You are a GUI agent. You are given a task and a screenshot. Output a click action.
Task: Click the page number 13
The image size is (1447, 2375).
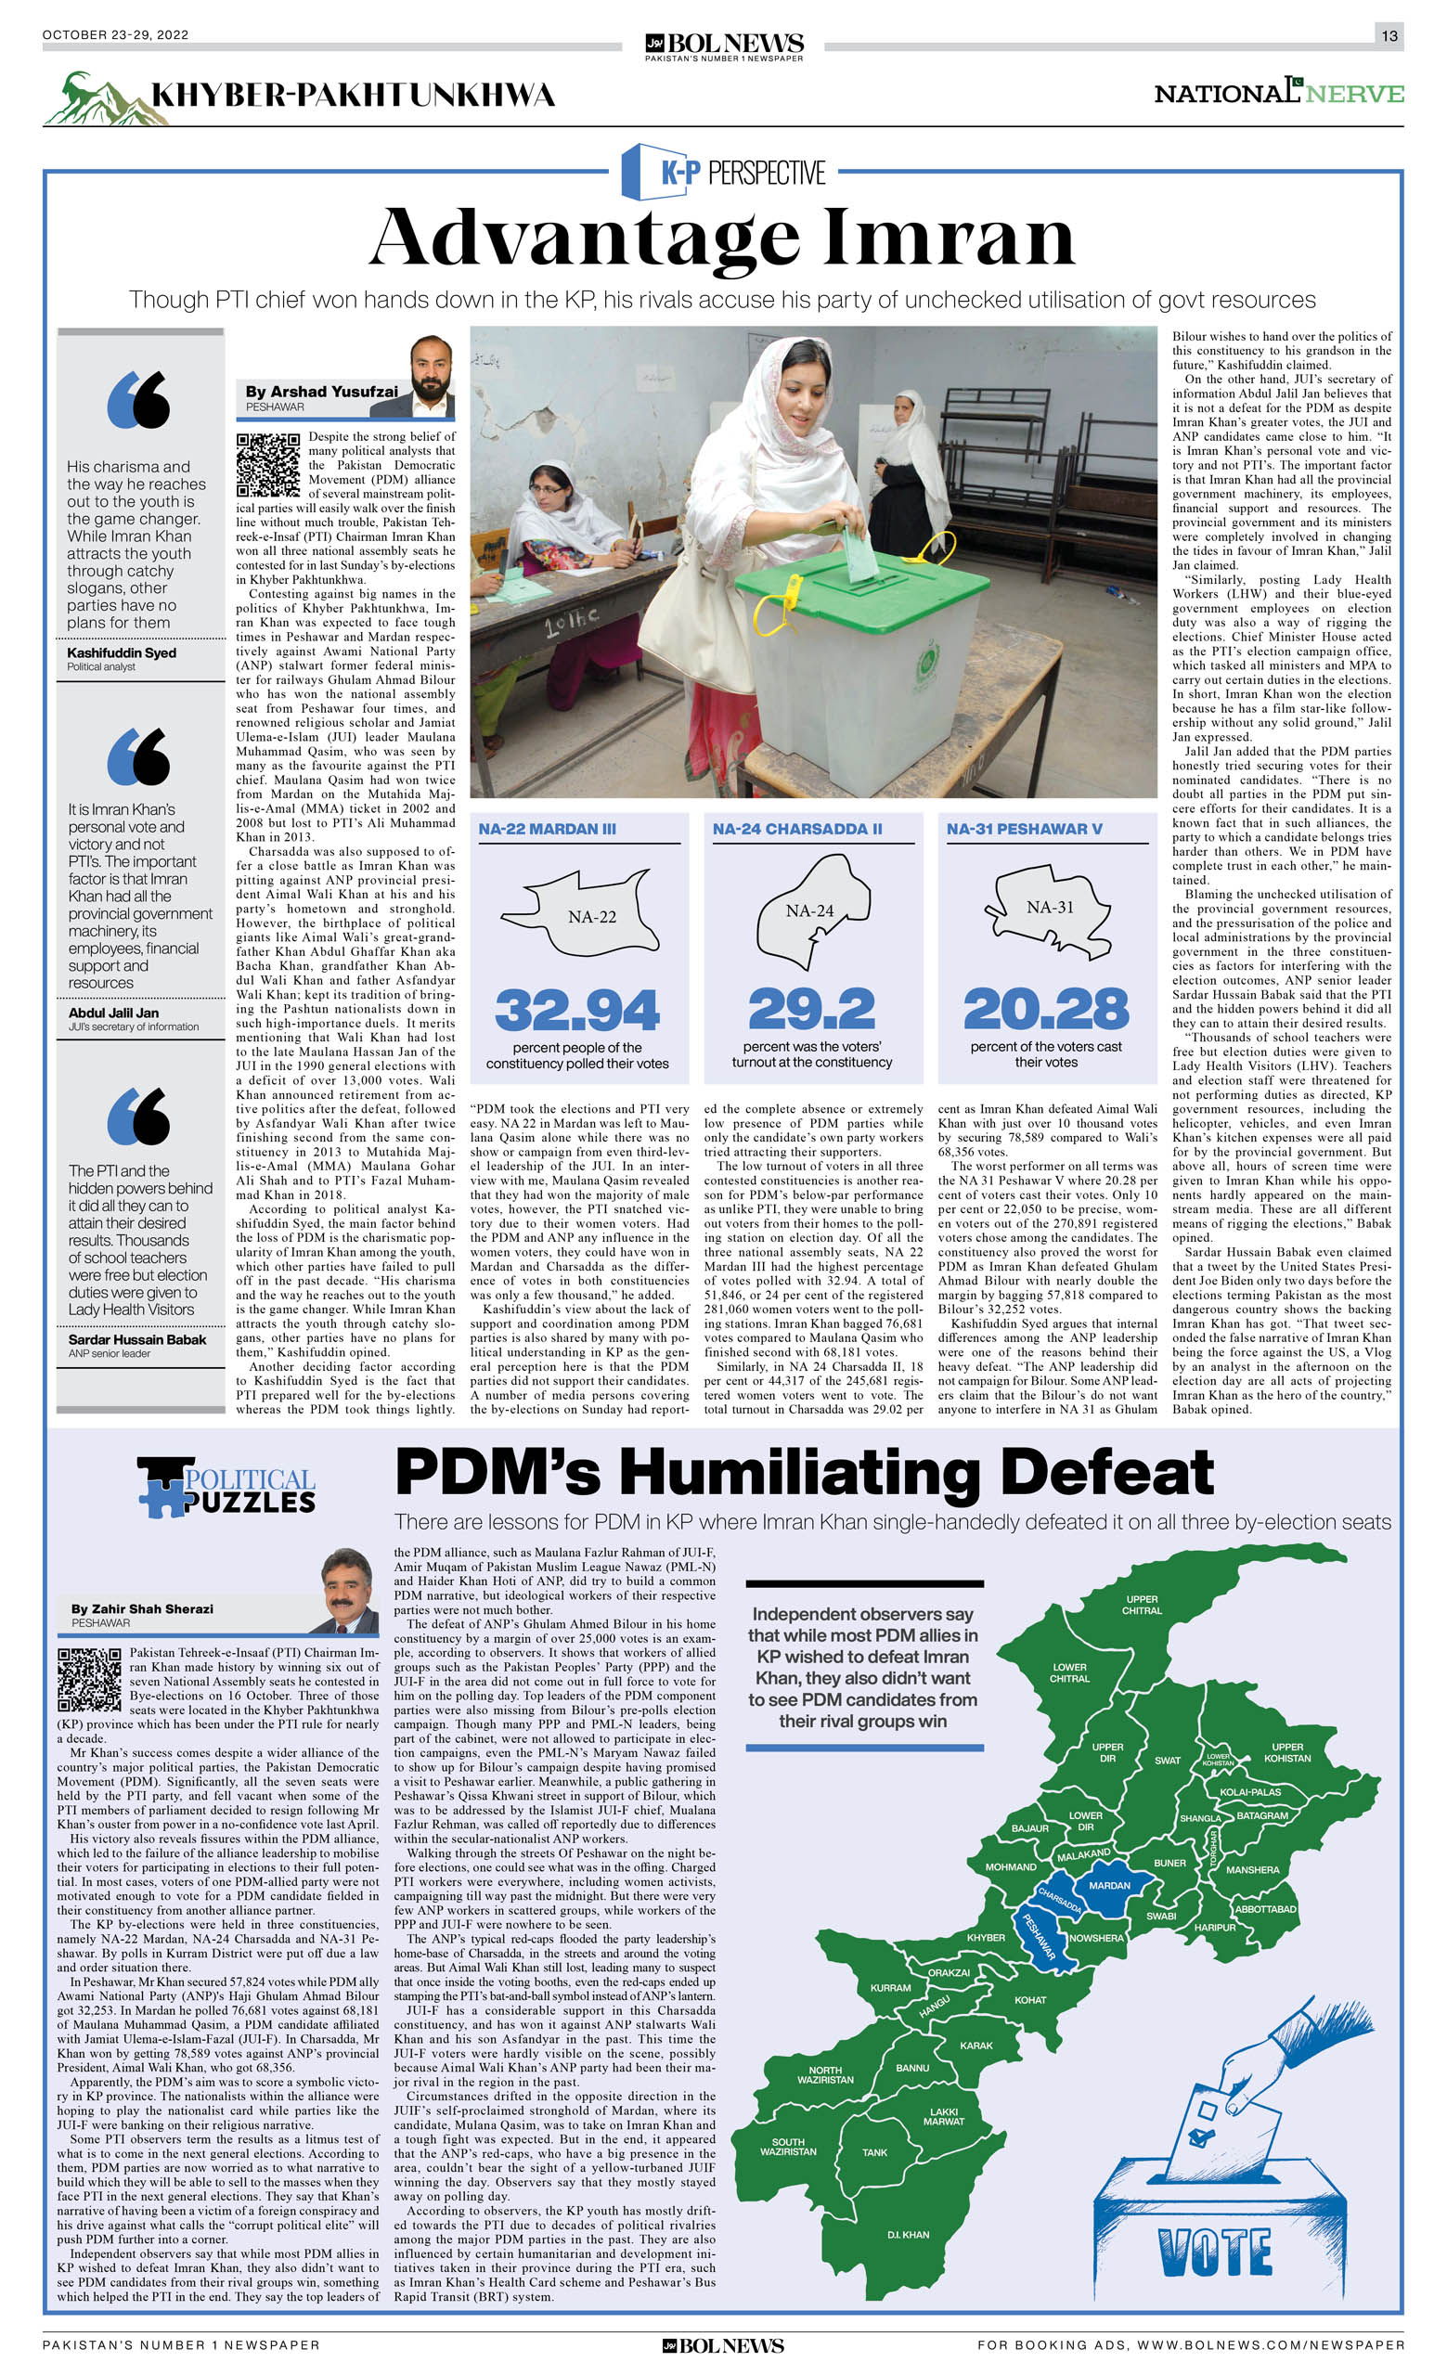point(1389,35)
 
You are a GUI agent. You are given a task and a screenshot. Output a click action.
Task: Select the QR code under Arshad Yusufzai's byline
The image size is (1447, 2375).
point(268,465)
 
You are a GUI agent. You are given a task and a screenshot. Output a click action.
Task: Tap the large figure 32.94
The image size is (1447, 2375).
point(576,1009)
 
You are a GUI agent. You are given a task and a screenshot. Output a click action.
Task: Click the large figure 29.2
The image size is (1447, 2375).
point(812,1009)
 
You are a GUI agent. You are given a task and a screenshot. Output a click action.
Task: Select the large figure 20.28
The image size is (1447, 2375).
point(1046,1009)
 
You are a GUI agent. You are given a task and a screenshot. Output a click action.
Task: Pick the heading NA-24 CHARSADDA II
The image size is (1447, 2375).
point(797,829)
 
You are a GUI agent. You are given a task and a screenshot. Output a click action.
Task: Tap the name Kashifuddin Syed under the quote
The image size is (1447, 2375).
point(122,652)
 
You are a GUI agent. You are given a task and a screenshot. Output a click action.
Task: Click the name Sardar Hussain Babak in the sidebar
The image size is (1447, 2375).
point(136,1340)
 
